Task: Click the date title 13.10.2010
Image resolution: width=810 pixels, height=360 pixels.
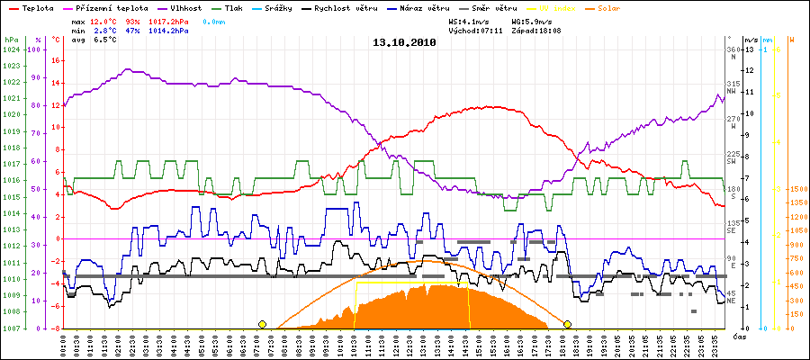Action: click(x=404, y=42)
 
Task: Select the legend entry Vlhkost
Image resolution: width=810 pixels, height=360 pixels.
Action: click(x=185, y=7)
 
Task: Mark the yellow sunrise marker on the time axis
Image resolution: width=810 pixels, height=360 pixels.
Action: click(x=262, y=324)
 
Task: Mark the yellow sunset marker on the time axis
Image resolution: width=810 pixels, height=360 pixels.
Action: click(x=568, y=324)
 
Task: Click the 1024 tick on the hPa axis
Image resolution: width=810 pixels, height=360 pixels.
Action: click(x=11, y=49)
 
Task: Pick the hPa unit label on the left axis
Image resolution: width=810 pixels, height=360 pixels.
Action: click(x=11, y=40)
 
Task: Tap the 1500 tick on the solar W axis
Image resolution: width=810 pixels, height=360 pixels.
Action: click(x=796, y=190)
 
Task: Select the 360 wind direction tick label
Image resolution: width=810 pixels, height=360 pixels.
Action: click(x=733, y=49)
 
